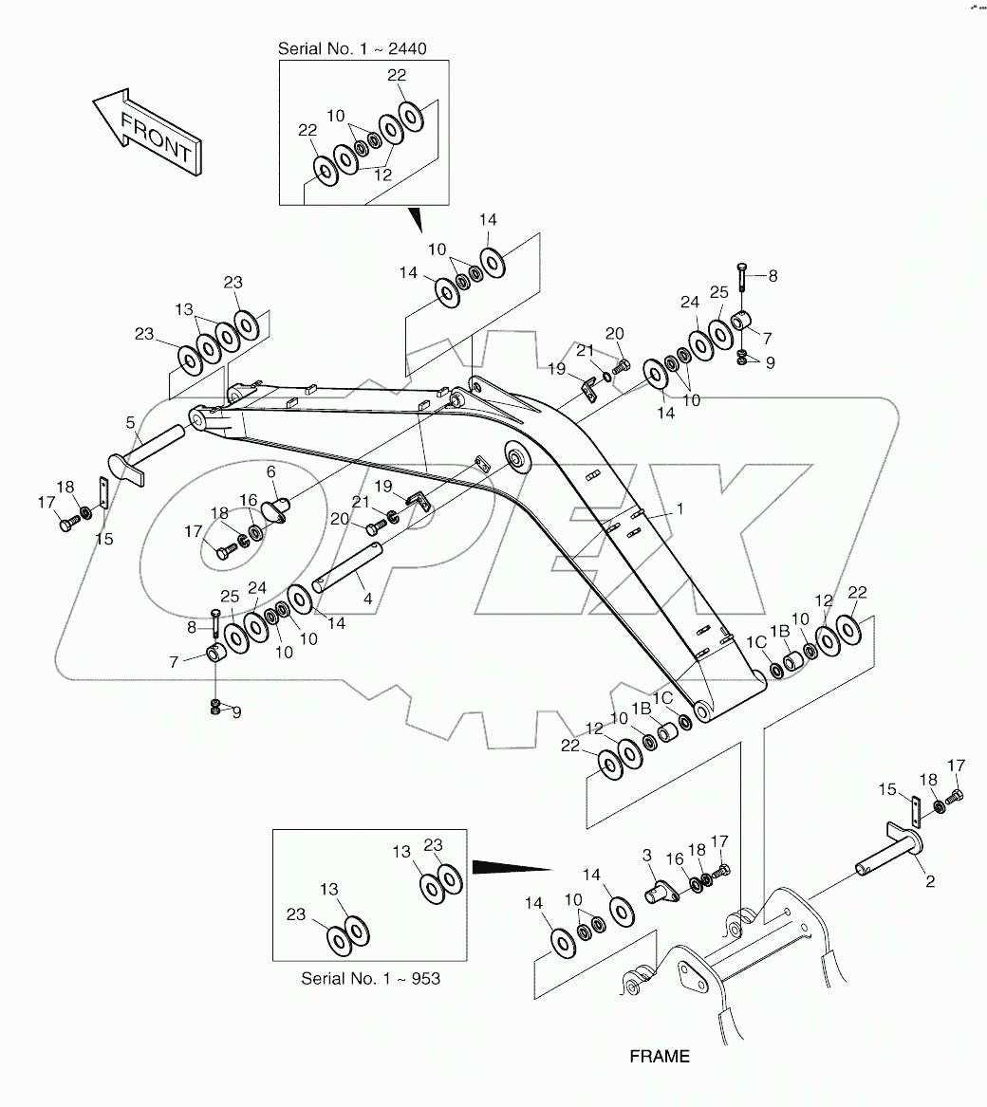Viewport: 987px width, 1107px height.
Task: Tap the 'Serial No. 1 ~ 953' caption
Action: coord(371,977)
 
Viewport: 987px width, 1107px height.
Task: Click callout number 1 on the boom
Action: coord(680,509)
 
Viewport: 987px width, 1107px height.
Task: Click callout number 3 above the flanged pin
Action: coord(648,856)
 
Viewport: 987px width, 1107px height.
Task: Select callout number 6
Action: coord(270,471)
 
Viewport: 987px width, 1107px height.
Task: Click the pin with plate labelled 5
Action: coord(142,453)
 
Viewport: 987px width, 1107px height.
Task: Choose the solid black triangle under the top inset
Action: coord(415,221)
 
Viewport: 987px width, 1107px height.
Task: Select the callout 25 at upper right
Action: coord(718,293)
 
